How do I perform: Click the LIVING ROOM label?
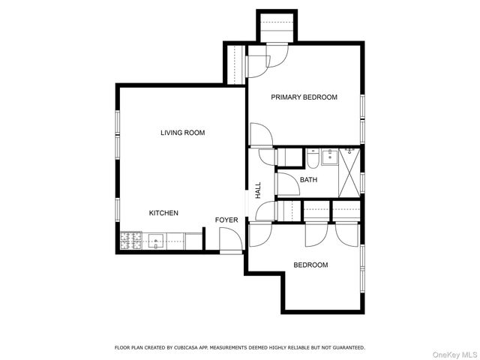click(x=182, y=133)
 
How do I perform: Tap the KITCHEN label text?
click(x=163, y=213)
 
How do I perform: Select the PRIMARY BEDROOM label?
click(x=304, y=97)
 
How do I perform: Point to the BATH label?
click(x=308, y=180)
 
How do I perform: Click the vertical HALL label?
click(x=258, y=190)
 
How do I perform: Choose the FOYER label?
click(x=226, y=220)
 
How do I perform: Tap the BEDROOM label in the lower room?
click(x=310, y=265)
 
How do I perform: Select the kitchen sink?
click(x=157, y=241)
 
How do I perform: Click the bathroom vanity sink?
click(x=329, y=156)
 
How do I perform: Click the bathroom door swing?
click(x=286, y=184)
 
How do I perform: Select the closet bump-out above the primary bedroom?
click(x=276, y=28)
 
